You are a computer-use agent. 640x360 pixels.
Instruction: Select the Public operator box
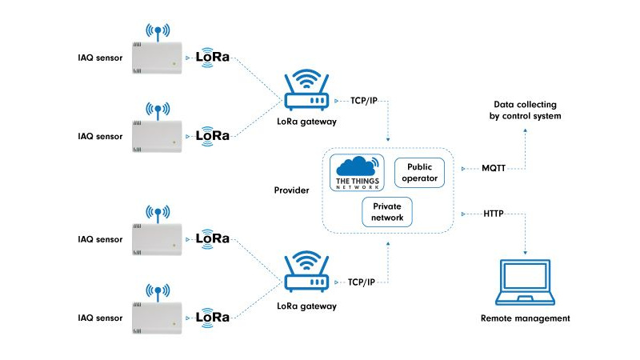coord(419,172)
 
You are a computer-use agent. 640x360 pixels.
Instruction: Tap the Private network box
coord(387,212)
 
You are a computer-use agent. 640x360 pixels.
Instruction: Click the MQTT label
coord(494,169)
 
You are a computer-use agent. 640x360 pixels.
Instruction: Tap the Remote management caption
coord(525,318)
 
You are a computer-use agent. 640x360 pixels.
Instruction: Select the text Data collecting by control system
coord(525,110)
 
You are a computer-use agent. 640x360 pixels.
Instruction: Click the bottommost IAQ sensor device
coord(157,316)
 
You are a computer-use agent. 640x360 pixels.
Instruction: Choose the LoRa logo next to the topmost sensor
coord(213,58)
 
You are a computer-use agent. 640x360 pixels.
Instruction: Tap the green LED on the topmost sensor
coord(174,62)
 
